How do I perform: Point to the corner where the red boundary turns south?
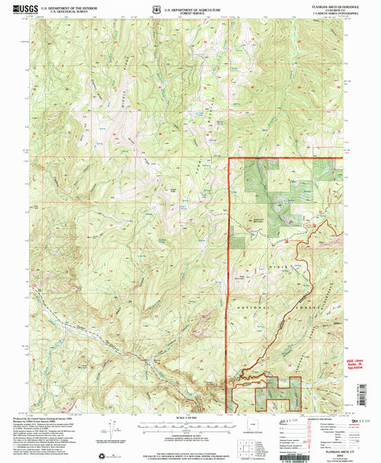pos(228,158)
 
